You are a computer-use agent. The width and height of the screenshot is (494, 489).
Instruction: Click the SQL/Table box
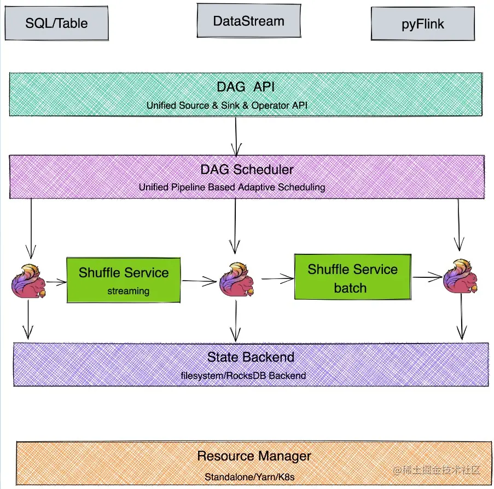click(56, 23)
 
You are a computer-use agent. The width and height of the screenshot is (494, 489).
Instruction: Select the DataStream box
click(248, 21)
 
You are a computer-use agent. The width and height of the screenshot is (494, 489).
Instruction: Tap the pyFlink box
click(422, 24)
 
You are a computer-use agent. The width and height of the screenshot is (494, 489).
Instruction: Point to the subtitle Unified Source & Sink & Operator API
click(227, 105)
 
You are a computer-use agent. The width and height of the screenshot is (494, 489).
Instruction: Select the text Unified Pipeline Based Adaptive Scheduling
click(232, 187)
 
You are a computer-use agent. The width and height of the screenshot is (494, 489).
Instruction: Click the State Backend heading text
click(251, 357)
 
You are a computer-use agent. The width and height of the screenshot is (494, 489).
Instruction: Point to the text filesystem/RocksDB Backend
click(243, 376)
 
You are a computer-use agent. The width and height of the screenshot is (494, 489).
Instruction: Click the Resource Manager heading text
click(254, 456)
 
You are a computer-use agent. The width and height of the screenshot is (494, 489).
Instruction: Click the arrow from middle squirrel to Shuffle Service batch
click(277, 279)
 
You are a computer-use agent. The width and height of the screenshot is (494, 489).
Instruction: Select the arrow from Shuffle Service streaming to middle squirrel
click(199, 281)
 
